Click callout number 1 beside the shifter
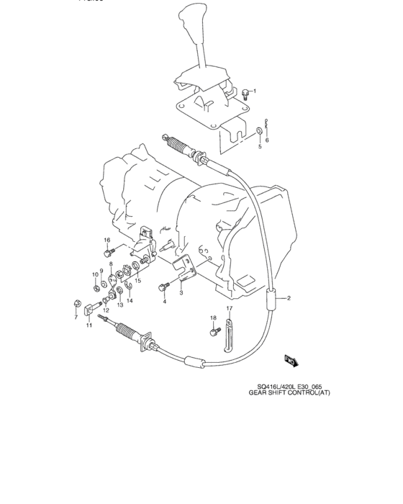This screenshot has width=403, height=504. pyautogui.click(x=263, y=91)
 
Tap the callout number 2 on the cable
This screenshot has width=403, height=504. pyautogui.click(x=289, y=297)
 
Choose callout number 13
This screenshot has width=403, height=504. pyautogui.click(x=120, y=305)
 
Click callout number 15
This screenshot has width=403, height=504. pyautogui.click(x=137, y=280)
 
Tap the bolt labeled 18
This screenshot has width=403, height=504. pyautogui.click(x=214, y=331)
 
